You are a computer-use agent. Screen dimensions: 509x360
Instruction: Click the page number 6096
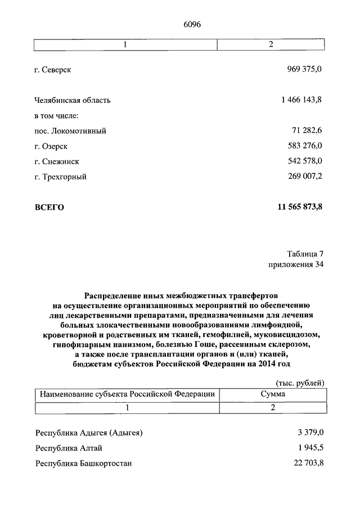(x=192, y=24)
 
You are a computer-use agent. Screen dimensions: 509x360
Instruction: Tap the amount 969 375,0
(x=304, y=69)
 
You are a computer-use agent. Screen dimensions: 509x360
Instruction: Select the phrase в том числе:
(x=56, y=115)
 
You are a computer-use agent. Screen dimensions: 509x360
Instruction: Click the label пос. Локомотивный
(x=70, y=130)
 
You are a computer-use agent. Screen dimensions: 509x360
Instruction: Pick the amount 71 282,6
(x=307, y=130)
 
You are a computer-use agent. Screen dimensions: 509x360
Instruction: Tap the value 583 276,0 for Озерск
(x=304, y=146)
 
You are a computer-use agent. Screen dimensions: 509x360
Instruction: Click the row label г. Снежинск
(x=56, y=161)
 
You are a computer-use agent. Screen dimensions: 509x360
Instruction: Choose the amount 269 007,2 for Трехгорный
(x=304, y=176)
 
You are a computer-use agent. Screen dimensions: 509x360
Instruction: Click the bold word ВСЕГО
(x=49, y=208)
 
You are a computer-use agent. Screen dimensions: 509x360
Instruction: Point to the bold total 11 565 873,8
(x=300, y=207)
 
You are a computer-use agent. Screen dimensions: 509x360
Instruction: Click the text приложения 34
(x=296, y=264)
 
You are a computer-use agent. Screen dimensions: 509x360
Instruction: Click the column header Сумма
(x=272, y=394)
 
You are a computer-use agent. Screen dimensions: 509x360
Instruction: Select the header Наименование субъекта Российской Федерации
(x=127, y=394)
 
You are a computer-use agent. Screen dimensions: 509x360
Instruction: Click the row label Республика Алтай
(x=69, y=448)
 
